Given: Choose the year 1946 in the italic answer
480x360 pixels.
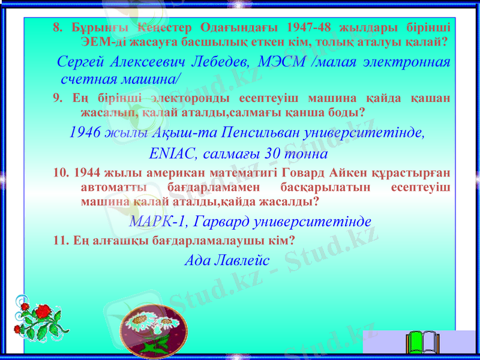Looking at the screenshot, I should [85, 133].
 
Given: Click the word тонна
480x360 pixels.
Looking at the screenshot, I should [304, 154].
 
